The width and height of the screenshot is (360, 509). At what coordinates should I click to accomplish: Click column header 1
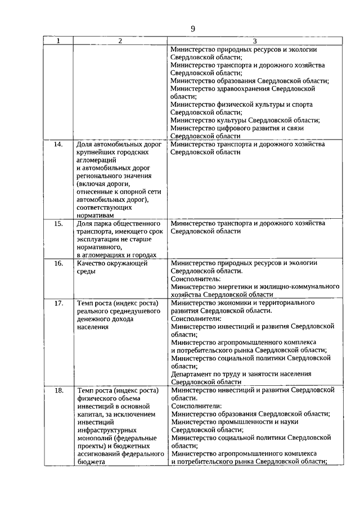tap(58, 41)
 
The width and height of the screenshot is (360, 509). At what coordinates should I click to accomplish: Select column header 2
tap(120, 41)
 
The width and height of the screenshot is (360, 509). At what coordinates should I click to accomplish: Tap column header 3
tap(254, 41)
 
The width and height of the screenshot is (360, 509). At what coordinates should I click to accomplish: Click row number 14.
tap(58, 145)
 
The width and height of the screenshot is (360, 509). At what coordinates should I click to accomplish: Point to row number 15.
tap(58, 223)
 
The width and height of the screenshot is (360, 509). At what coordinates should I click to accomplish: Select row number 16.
tap(58, 263)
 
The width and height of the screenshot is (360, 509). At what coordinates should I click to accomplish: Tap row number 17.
tap(58, 303)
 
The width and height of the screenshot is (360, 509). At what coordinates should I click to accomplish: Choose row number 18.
tap(58, 390)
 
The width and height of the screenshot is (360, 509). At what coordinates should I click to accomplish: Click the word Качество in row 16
tap(93, 263)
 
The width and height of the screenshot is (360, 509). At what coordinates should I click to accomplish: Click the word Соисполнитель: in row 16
tap(196, 278)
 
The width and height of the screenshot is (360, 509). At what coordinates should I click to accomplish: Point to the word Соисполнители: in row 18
tap(197, 406)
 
